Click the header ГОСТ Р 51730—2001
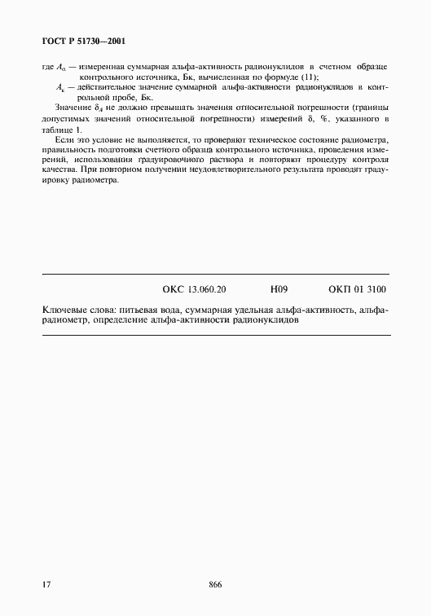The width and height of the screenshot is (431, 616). coord(83,40)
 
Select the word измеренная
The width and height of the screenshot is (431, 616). coord(100,64)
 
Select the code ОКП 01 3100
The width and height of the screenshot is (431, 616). coord(358,288)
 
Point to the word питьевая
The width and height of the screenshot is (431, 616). coord(139,310)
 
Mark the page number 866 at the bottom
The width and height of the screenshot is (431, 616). coord(216,584)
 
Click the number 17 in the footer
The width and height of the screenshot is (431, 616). coord(46,584)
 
